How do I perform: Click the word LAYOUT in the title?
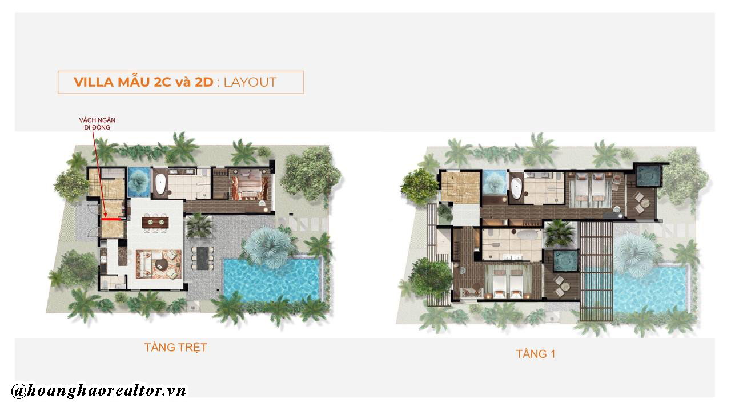250,82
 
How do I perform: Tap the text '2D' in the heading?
204,82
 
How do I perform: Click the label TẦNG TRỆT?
175,348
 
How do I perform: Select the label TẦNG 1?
535,354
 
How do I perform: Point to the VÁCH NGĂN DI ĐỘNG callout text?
97,124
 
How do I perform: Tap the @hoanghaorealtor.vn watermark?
99,390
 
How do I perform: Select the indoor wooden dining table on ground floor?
155,223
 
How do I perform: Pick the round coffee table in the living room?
160,264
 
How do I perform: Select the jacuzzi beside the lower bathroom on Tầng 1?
566,260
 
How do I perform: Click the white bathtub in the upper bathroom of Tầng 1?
516,188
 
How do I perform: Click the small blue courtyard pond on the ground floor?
139,182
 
